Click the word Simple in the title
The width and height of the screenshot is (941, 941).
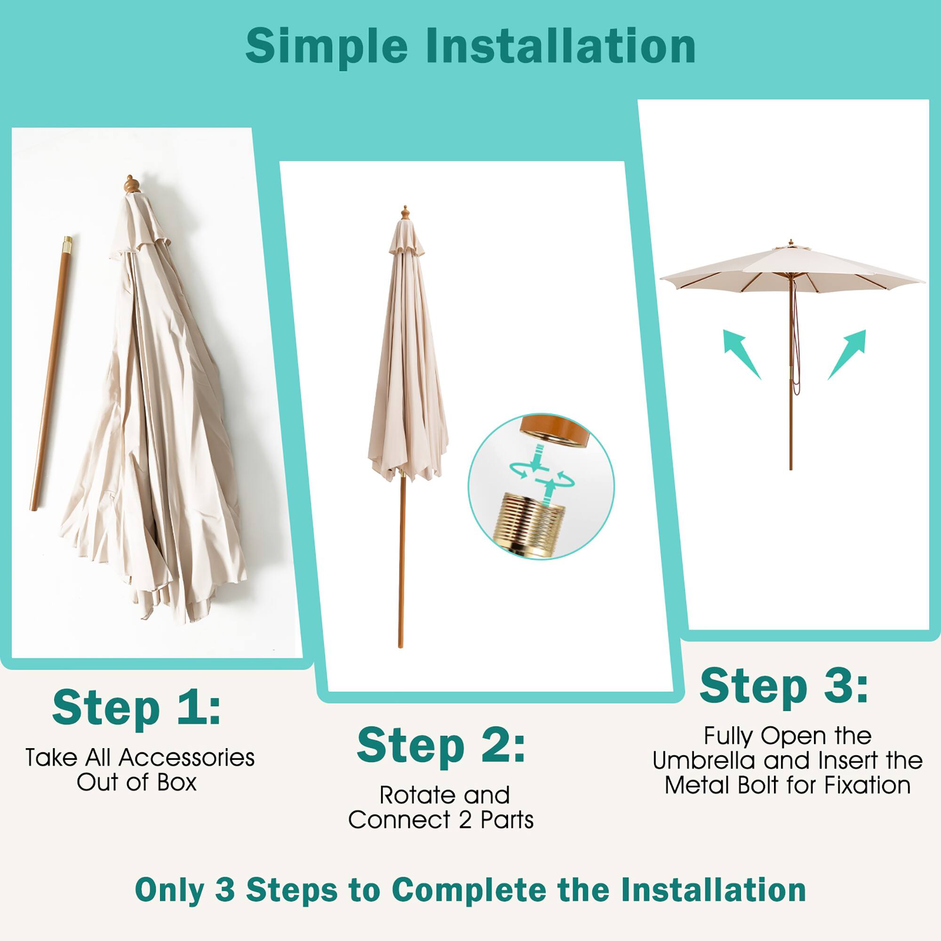[326, 47]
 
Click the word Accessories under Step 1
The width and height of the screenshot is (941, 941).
[186, 758]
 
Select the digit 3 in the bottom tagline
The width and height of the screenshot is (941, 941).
[224, 890]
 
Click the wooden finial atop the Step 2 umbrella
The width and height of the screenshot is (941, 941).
[404, 213]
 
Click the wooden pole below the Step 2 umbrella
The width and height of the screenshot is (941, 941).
[401, 560]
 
